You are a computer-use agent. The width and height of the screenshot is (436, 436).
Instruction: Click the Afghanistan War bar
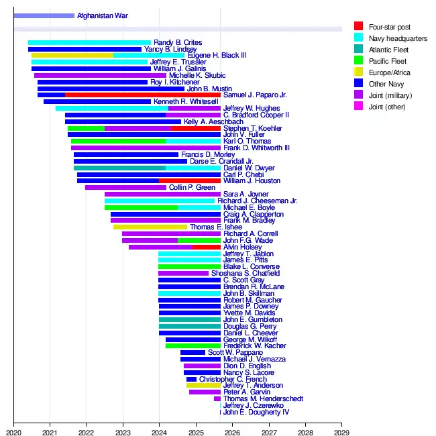44,15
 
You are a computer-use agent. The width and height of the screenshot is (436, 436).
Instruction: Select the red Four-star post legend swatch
359,27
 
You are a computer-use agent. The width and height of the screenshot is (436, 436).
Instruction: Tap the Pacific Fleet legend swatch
359,61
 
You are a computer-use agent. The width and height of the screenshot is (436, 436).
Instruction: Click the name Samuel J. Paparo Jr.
255,95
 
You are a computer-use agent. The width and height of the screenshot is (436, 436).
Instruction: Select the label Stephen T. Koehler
253,128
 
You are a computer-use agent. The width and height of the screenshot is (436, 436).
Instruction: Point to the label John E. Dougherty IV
256,412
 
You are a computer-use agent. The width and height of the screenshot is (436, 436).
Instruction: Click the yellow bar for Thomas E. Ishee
150,227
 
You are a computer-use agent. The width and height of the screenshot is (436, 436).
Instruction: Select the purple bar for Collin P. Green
125,188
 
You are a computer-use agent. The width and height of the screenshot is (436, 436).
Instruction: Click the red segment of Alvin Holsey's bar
207,248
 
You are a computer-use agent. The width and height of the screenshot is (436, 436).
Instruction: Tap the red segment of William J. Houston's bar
190,181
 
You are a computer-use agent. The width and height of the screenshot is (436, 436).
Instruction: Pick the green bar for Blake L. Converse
189,267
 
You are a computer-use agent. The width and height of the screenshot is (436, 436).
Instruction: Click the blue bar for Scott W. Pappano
193,353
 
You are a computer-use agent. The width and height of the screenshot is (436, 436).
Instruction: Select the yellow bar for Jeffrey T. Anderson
203,386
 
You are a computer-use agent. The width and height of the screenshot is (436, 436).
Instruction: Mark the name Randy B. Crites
178,43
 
